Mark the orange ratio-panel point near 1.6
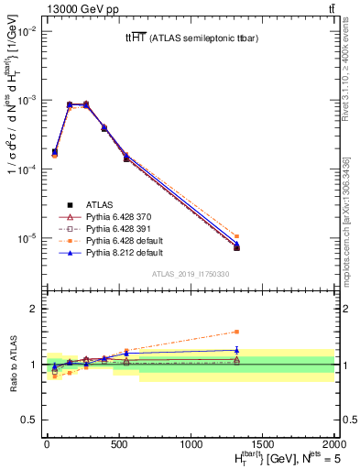(236, 332)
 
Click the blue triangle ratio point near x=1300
(236, 349)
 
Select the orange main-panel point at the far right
(236, 236)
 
